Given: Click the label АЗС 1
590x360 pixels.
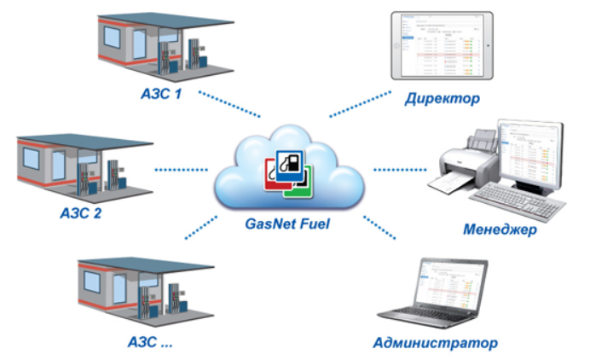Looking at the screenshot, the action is pyautogui.click(x=161, y=93).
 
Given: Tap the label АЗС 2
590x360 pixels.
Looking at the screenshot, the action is pyautogui.click(x=81, y=213).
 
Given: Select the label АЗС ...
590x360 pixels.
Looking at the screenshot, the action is pyautogui.click(x=150, y=342).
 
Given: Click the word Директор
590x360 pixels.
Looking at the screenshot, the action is pyautogui.click(x=442, y=99).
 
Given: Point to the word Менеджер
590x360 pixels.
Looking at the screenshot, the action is pyautogui.click(x=500, y=229).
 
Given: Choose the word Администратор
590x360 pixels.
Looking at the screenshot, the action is pyautogui.click(x=436, y=343).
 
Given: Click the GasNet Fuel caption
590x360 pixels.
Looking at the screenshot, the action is pyautogui.click(x=287, y=224).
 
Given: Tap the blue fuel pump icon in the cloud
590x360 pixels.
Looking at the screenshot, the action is pyautogui.click(x=290, y=165).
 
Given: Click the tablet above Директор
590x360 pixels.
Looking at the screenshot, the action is pyautogui.click(x=442, y=45).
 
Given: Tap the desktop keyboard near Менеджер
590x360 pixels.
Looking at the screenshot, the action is pyautogui.click(x=518, y=201).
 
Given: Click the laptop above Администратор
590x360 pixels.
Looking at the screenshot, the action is pyautogui.click(x=433, y=293).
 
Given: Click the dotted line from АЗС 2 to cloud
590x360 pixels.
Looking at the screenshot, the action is pyautogui.click(x=181, y=170).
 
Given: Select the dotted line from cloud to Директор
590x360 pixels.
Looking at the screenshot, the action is pyautogui.click(x=360, y=104).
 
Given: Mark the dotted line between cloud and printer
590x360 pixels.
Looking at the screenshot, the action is pyautogui.click(x=400, y=170).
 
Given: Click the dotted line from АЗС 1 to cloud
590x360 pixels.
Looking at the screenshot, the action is pyautogui.click(x=229, y=104).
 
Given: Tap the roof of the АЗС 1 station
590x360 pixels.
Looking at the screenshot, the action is pyautogui.click(x=165, y=21).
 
